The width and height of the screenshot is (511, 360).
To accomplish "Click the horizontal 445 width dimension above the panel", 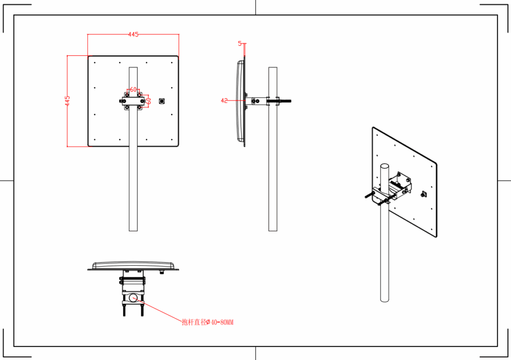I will coord(133,34).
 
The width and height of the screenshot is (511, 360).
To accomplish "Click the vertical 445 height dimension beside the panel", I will coord(67,101).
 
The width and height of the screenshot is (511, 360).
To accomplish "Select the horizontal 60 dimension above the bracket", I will coord(133,89).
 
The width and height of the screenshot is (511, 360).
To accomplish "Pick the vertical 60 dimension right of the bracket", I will coord(148,100).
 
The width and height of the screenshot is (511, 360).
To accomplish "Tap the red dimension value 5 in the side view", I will coord(240,43).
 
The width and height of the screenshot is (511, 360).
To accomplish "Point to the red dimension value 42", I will coord(224,101).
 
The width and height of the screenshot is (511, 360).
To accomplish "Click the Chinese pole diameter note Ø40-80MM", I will coord(208,323).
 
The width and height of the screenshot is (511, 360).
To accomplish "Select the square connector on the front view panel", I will coord(162,101).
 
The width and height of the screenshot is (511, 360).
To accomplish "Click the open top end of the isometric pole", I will coord(385,165).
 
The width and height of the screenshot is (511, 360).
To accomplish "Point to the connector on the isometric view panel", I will coord(424,194).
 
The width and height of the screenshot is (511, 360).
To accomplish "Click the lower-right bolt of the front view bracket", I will coord(140,107).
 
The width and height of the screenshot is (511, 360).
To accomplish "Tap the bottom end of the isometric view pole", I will coord(385,300).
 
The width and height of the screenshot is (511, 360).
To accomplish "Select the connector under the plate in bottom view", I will coord(162,273).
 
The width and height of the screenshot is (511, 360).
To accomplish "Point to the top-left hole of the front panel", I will coord(94,62).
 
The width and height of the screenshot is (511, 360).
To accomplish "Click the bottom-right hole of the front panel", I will coord(172,140).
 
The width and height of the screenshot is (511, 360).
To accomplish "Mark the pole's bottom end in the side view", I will coord(273,229).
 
